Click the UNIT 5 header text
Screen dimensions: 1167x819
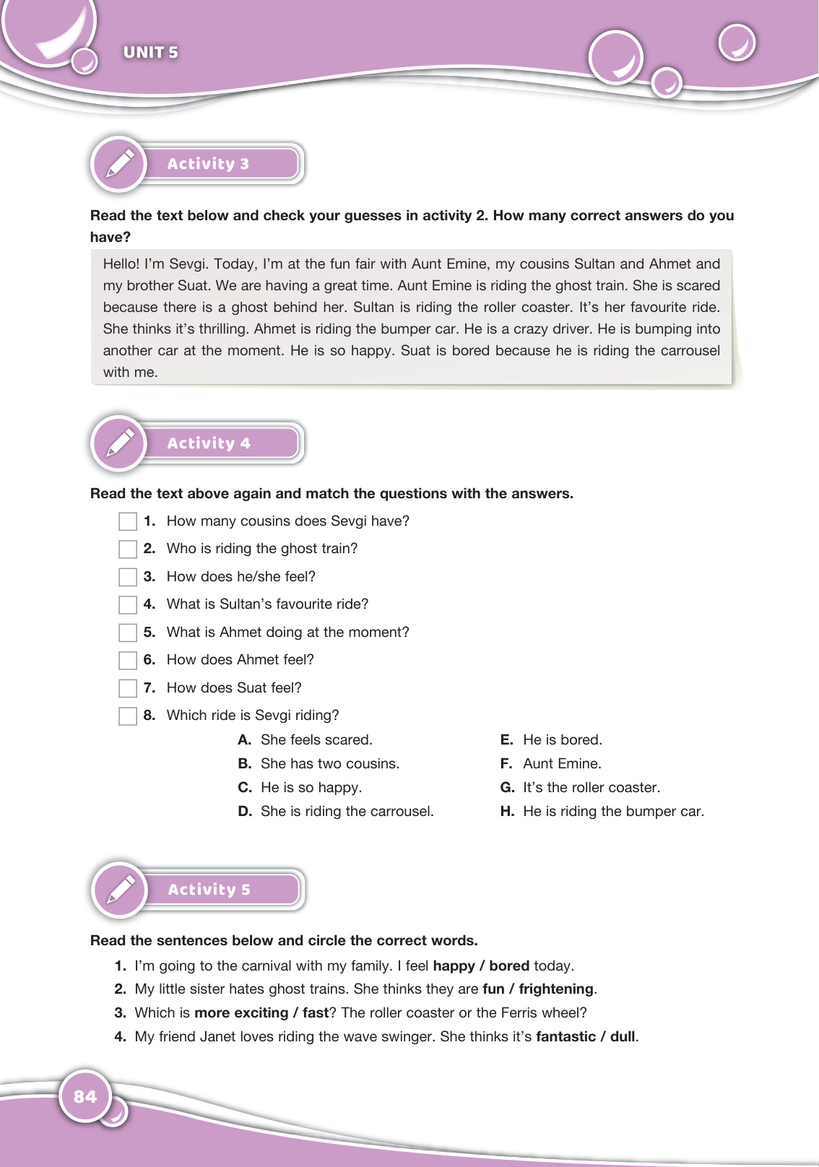[x=150, y=52]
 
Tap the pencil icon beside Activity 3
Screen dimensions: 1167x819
[x=120, y=164]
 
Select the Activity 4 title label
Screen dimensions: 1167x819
[x=209, y=443]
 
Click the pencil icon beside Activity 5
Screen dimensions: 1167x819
[x=121, y=890]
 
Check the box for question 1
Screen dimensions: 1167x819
[x=128, y=521]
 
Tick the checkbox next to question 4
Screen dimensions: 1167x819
[x=128, y=604]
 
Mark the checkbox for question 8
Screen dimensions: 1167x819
[x=128, y=716]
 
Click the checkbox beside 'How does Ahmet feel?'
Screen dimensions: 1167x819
[x=128, y=660]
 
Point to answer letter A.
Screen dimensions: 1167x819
[x=245, y=739]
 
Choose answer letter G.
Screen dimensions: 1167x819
[x=508, y=787]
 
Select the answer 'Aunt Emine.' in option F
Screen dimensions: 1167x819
[x=562, y=763]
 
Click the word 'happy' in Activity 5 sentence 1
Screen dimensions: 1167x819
[x=454, y=966]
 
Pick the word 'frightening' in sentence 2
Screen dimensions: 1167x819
[x=556, y=989]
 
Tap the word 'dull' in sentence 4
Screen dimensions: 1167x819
[x=623, y=1036]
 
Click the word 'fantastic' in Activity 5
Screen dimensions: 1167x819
[x=565, y=1036]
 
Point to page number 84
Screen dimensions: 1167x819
[x=85, y=1096]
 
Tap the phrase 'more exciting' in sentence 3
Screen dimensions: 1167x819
[x=241, y=1012]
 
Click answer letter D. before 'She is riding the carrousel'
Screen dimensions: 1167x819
[x=245, y=811]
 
